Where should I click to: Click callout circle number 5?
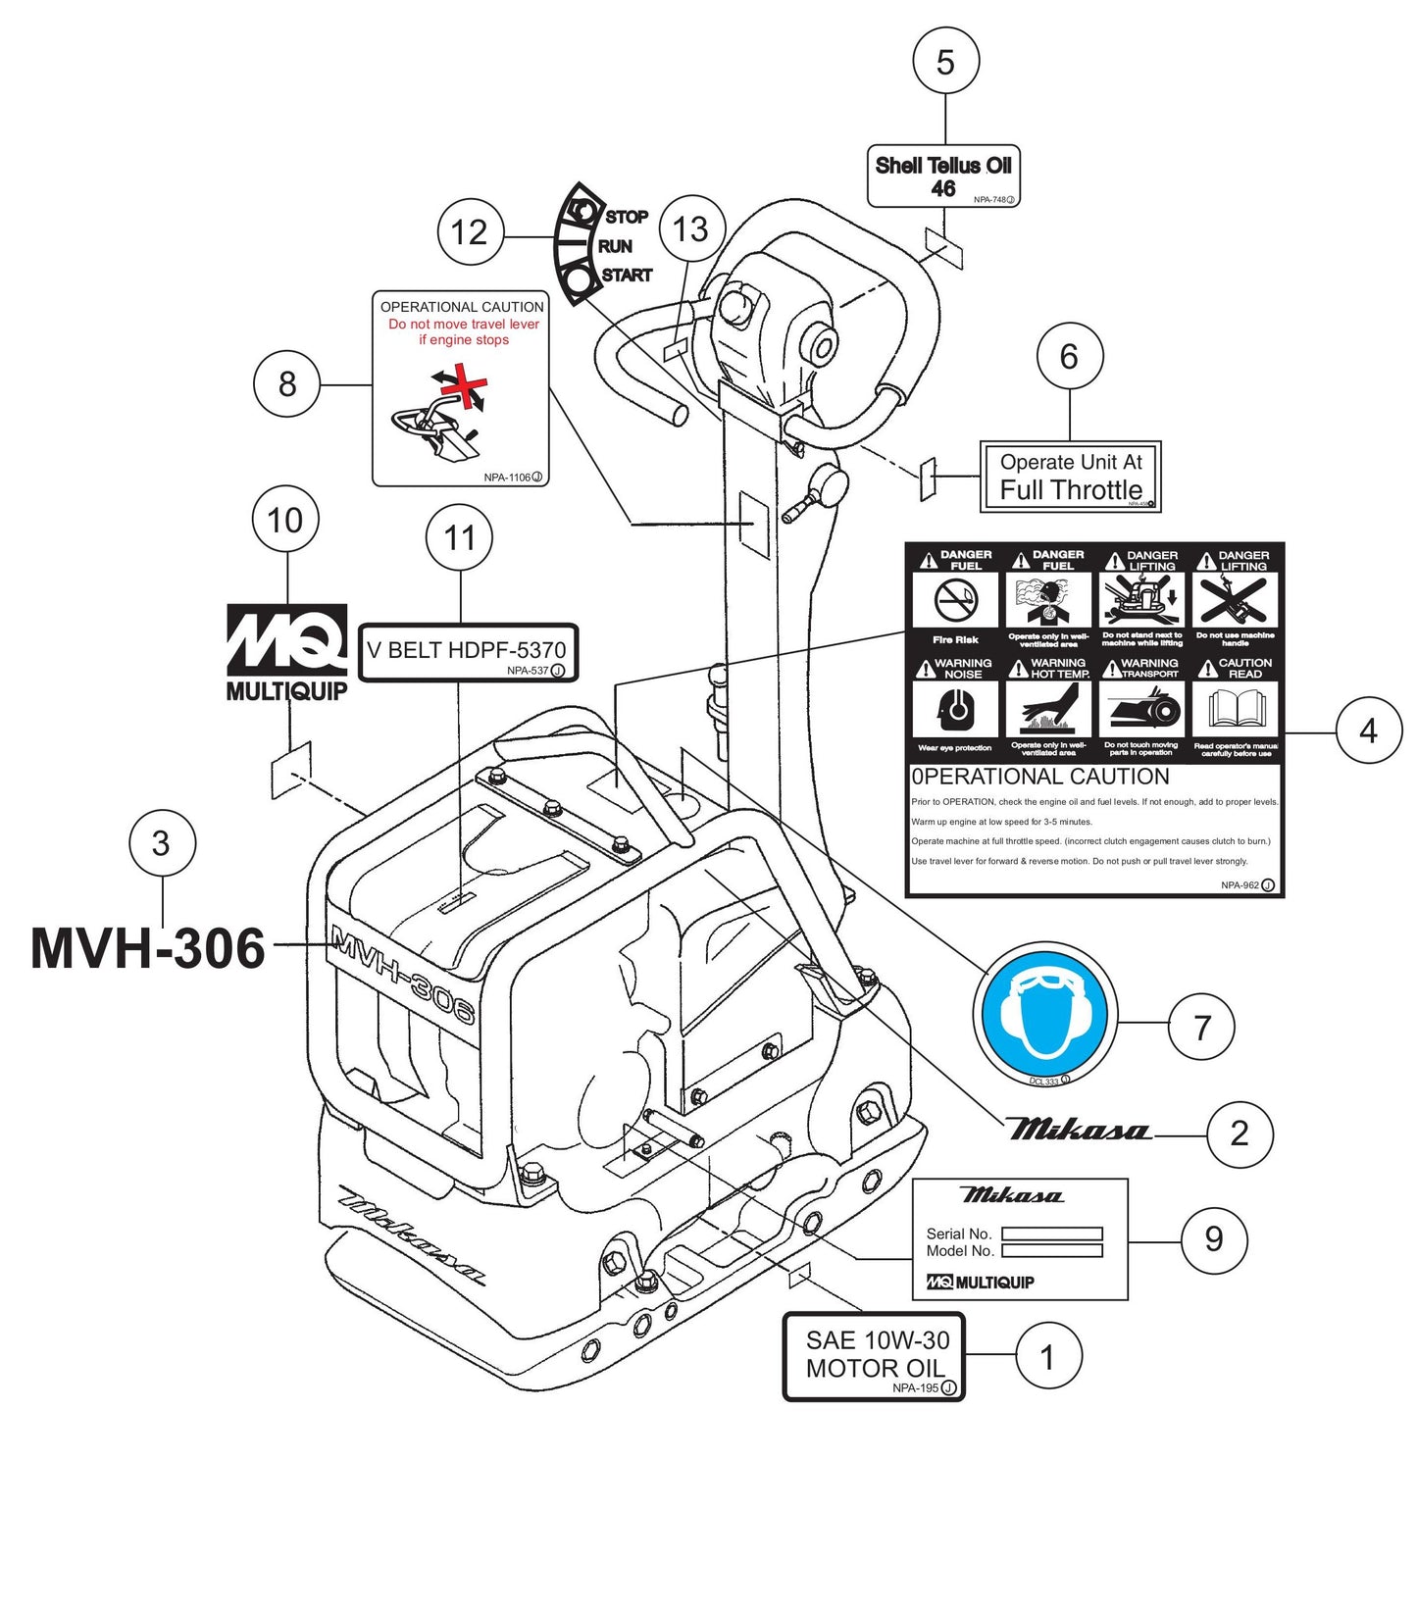(x=945, y=63)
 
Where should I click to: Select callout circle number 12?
(x=469, y=232)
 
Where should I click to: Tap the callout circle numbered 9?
(x=1214, y=1239)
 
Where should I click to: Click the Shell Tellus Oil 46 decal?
(x=943, y=176)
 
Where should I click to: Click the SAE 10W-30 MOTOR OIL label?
(x=874, y=1356)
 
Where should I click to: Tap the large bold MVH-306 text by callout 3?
(x=147, y=949)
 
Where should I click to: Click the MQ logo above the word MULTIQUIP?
(x=286, y=640)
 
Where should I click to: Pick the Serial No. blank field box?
(x=1051, y=1234)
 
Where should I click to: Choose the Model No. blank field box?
(x=1051, y=1251)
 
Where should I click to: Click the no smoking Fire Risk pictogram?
(x=955, y=600)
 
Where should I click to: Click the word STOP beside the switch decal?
(x=627, y=217)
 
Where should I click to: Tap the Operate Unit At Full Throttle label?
(x=1070, y=477)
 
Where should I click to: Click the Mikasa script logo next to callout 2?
(x=1077, y=1131)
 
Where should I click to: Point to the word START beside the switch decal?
(x=627, y=276)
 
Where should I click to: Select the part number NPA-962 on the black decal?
(x=1240, y=884)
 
